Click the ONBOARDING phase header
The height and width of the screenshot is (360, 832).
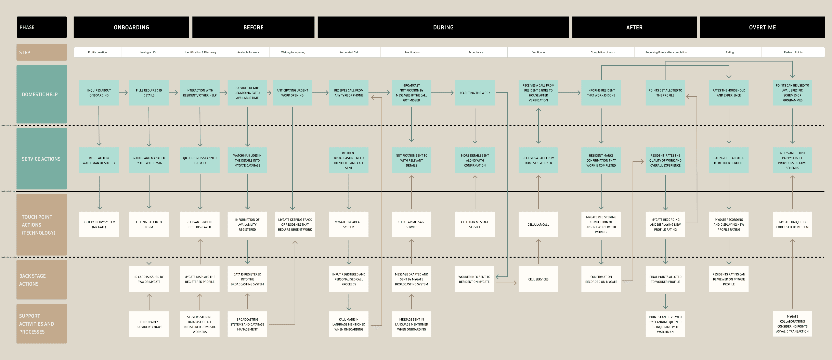point(131,27)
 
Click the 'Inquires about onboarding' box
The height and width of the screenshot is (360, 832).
point(99,93)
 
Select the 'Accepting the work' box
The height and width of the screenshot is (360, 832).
point(474,93)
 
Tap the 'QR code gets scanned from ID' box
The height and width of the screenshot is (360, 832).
point(200,160)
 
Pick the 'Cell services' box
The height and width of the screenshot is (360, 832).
point(538,279)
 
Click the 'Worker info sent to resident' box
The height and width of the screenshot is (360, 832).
point(474,279)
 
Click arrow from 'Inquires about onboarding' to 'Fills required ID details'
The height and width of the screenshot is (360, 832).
point(123,93)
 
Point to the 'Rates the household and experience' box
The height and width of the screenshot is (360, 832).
point(728,93)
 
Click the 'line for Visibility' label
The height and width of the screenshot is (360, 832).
point(8,191)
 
